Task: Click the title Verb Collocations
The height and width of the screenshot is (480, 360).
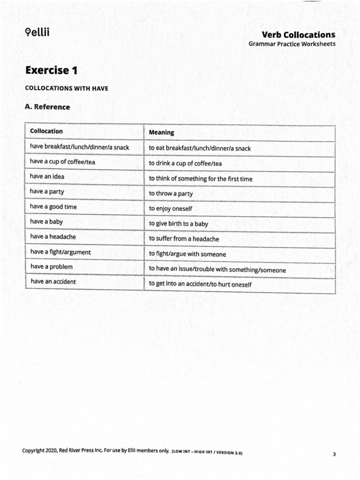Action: (x=298, y=35)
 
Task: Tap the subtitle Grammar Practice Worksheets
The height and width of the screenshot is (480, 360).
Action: (x=292, y=44)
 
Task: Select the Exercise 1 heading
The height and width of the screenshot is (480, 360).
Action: (x=51, y=70)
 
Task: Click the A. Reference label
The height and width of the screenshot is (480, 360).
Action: (x=47, y=107)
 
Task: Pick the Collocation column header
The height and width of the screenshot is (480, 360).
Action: (x=46, y=131)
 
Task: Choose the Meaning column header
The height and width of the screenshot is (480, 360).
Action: (x=161, y=132)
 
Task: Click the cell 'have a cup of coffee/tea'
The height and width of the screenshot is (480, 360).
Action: (x=63, y=162)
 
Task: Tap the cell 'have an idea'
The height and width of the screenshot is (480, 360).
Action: (x=47, y=177)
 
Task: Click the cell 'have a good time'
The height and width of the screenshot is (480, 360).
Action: (x=53, y=207)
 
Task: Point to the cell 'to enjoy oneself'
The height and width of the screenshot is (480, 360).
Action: (x=171, y=209)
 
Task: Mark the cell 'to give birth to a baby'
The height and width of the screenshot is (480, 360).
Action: (x=178, y=224)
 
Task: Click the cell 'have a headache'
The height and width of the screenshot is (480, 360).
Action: (x=52, y=237)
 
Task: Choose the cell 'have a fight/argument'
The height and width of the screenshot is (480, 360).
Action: (x=60, y=252)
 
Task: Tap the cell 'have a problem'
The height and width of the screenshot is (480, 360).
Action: (x=51, y=267)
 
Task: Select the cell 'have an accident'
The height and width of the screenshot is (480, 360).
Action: (x=53, y=282)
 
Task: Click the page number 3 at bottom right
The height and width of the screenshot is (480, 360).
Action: (x=334, y=454)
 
